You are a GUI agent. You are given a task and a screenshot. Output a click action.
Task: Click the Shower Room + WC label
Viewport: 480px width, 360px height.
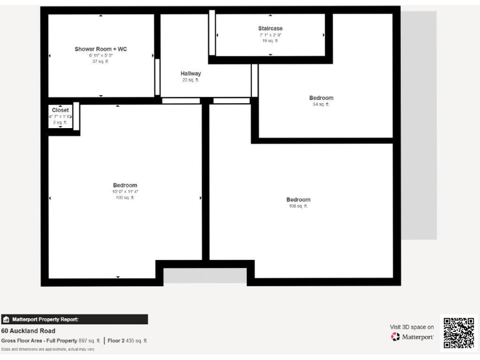pos(101,49)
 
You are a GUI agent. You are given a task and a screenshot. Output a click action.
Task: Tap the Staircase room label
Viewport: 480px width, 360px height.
pos(271,29)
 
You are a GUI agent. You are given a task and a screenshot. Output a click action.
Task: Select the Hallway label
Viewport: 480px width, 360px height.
pos(191,74)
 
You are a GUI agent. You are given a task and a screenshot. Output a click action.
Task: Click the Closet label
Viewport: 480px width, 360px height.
pos(61,110)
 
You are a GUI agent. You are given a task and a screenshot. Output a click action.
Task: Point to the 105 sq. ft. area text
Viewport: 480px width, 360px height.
pos(125,197)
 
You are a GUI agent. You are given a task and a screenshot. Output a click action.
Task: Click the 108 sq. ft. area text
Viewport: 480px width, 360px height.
pos(298,206)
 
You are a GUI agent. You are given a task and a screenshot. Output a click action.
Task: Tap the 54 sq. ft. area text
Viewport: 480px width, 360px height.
pos(321,104)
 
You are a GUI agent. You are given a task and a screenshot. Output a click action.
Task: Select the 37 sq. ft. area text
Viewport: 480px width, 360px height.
pos(101,61)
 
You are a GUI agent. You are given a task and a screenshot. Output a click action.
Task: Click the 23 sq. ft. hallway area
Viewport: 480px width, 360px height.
pos(191,80)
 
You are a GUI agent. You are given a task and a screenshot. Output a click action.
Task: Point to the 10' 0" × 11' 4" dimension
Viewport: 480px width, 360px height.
pos(125,191)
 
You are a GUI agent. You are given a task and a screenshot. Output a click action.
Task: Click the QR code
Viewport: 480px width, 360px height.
pos(459,333)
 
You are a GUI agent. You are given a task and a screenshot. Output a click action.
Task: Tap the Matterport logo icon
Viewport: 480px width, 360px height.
pos(395,337)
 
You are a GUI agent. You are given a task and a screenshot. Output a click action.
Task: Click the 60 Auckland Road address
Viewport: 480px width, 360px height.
pos(28,331)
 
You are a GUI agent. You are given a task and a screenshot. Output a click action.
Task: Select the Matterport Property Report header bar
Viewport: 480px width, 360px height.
pos(74,319)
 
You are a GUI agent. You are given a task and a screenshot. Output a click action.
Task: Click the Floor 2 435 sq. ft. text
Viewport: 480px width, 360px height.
pos(127,341)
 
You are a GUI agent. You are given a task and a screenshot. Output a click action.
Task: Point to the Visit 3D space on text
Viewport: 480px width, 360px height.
pos(412,326)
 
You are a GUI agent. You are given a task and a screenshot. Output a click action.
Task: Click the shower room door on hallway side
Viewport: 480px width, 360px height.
pos(157,77)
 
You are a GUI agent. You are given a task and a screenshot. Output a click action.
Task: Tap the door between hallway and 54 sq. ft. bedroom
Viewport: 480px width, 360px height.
pos(254,79)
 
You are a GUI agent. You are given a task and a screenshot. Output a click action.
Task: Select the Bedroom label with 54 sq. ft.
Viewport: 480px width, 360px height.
pos(321,98)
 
